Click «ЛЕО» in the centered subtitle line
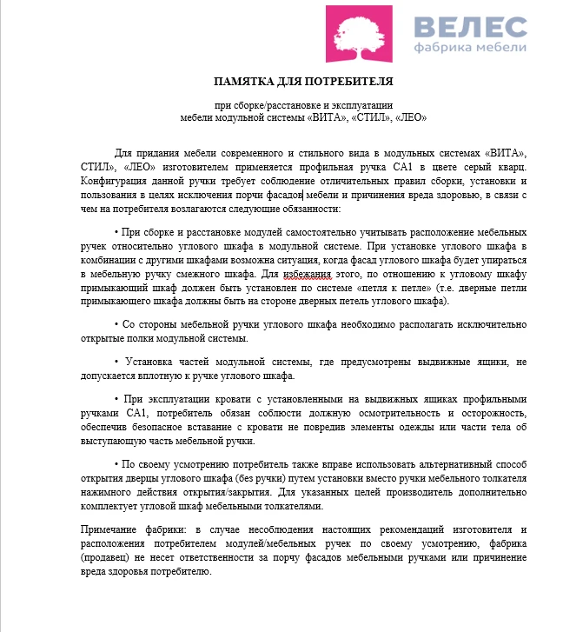[407, 116]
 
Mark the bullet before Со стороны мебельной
[117, 324]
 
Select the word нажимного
[107, 493]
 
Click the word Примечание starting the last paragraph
[111, 530]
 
